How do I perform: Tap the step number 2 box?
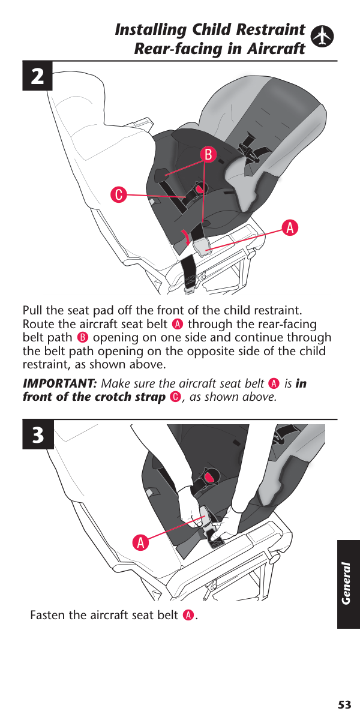pyautogui.click(x=37, y=76)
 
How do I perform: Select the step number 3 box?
pyautogui.click(x=38, y=435)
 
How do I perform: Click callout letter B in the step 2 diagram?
pyautogui.click(x=208, y=155)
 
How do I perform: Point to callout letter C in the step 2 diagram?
pyautogui.click(x=119, y=194)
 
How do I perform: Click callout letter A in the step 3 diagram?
pyautogui.click(x=141, y=543)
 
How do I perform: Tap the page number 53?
pyautogui.click(x=344, y=704)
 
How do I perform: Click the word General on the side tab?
pyautogui.click(x=346, y=583)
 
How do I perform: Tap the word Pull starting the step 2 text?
pyautogui.click(x=33, y=310)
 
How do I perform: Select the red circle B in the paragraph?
pyautogui.click(x=83, y=338)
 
